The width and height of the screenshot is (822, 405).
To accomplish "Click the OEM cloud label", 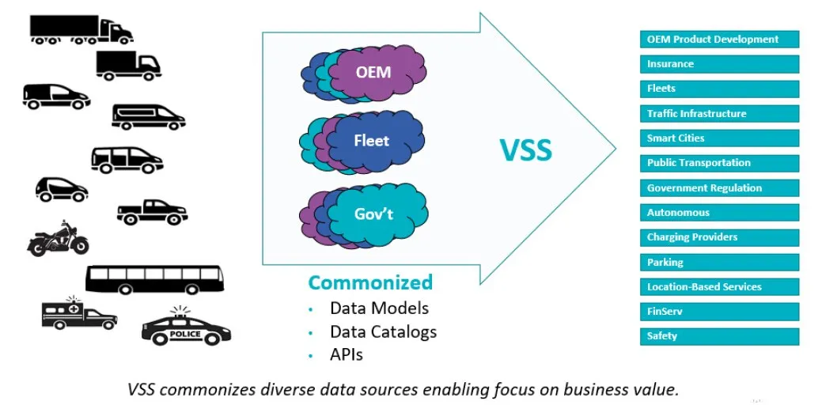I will (x=373, y=72).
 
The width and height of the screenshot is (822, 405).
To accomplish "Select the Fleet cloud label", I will (x=371, y=142).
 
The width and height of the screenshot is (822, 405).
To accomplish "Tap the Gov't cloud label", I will (x=373, y=214).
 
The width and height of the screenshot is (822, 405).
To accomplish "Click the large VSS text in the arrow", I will (x=525, y=150).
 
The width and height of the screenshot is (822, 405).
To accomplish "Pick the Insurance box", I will (x=719, y=64).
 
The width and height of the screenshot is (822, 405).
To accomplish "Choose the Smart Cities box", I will (x=719, y=138).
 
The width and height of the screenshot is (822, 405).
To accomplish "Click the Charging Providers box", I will (x=719, y=237).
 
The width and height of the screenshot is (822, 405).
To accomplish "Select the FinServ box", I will (x=719, y=312).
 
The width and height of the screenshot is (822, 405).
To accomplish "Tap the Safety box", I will (x=719, y=336).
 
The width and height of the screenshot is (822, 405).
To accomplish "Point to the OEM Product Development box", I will (x=719, y=39).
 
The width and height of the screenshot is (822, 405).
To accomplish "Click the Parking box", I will (x=719, y=262).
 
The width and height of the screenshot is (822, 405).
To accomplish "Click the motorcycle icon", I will (x=58, y=238).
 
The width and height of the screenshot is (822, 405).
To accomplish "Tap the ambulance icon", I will (x=78, y=313).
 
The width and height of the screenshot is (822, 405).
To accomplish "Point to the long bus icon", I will (x=154, y=279).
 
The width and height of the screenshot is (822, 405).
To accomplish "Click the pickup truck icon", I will (x=152, y=212).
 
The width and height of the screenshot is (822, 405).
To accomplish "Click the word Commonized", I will (x=370, y=282).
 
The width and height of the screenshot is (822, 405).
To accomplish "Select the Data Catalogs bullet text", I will (x=383, y=331).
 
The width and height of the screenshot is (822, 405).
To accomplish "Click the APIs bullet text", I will (x=347, y=355).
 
